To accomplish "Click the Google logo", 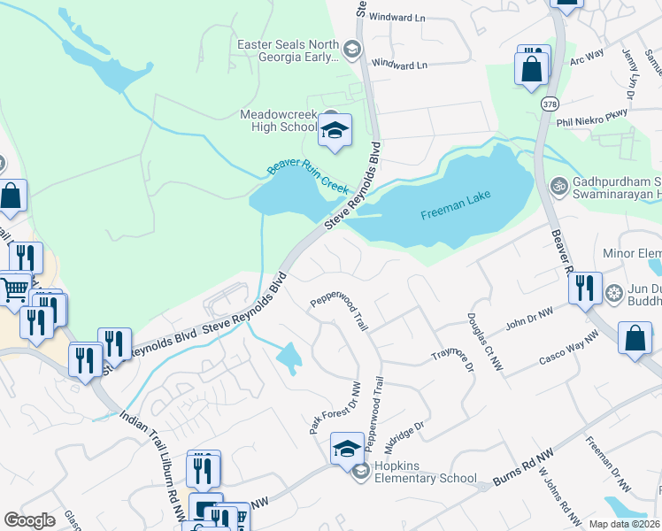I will pos(29,520).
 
